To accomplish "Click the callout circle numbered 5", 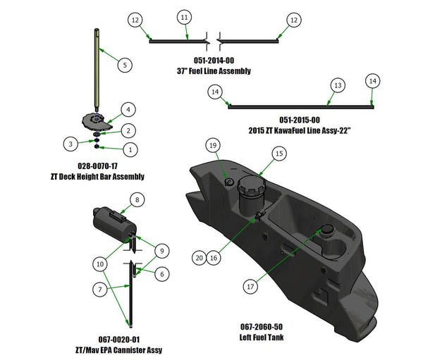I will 124,64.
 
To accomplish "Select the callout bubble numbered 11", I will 184,16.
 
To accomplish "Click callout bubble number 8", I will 137,199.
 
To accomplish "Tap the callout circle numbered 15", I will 278,153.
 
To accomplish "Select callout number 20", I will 199,259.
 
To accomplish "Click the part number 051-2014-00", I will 214,61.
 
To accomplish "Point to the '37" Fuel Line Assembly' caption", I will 214,71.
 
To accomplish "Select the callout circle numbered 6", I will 162,273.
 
